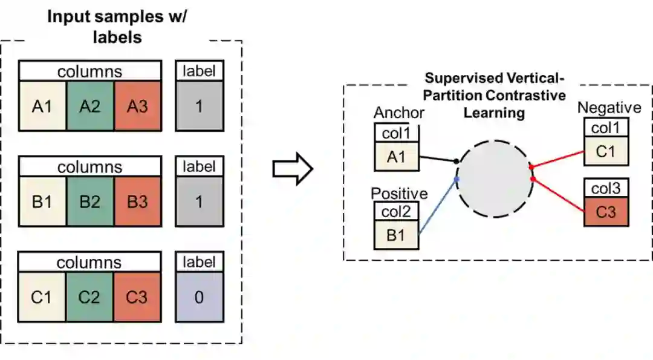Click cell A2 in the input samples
point(90,106)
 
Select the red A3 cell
point(137,106)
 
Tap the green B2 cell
point(90,201)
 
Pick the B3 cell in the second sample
point(137,201)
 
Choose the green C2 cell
point(90,297)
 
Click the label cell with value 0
point(199,297)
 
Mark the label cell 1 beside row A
point(199,106)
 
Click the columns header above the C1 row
point(89,262)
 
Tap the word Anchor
point(399,113)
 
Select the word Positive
point(399,194)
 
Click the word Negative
point(609,108)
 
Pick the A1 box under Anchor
point(396,157)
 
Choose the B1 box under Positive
point(396,235)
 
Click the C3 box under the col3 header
point(606,212)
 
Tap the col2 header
point(396,211)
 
